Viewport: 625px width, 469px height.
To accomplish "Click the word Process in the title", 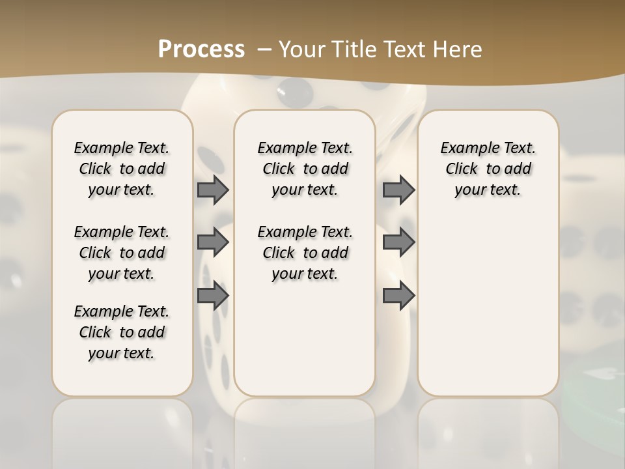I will click(201, 49).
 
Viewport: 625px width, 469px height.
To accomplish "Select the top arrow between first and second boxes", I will click(213, 190).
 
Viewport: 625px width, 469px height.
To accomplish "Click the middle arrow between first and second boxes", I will click(213, 242).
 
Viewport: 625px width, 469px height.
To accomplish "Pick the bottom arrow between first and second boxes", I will click(213, 296).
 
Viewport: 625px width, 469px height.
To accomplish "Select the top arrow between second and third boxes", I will click(398, 190).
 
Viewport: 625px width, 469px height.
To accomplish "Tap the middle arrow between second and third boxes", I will click(398, 242).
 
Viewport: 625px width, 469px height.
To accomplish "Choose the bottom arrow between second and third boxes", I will click(398, 296).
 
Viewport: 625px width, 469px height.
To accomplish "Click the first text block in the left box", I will click(122, 169).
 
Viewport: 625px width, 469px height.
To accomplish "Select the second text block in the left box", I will click(122, 253).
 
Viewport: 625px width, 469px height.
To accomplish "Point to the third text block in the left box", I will click(122, 332).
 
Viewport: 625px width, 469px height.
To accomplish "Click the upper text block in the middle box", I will click(305, 169).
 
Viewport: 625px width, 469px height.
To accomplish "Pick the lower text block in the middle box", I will click(305, 253).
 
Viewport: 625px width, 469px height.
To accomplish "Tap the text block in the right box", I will click(488, 169).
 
